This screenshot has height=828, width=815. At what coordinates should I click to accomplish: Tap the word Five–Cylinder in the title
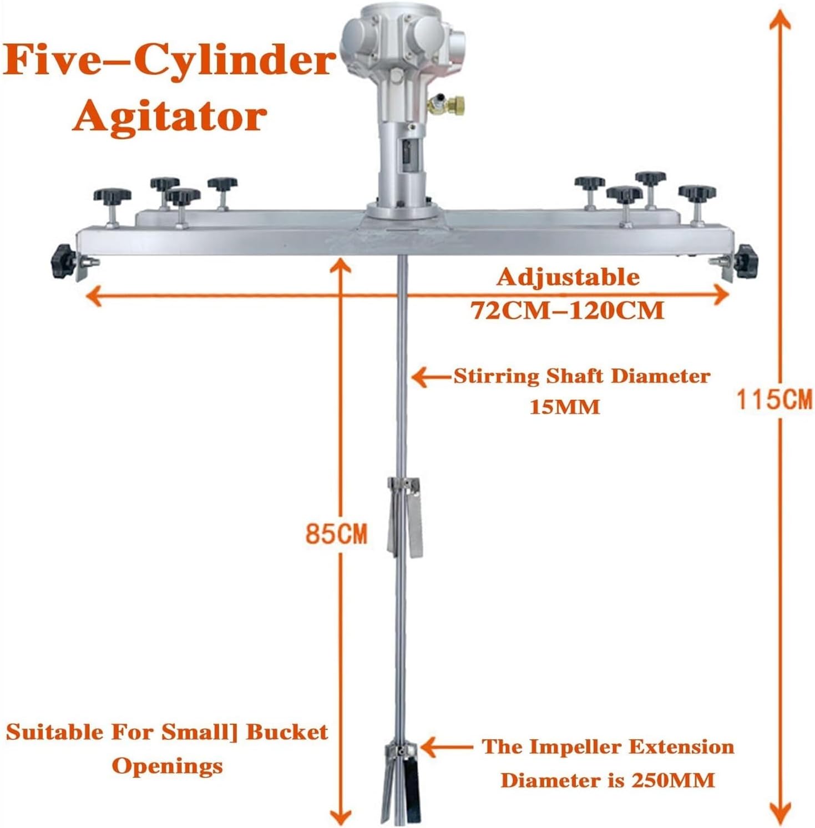[169, 60]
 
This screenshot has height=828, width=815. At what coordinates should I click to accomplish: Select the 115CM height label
[774, 399]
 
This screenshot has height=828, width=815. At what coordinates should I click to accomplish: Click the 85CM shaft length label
[337, 534]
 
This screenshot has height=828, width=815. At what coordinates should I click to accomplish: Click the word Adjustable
[568, 277]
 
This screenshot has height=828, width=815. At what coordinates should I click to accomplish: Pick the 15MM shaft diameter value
[565, 407]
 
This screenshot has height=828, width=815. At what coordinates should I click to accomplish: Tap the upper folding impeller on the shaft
[405, 516]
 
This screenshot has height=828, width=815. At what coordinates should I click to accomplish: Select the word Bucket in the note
[287, 733]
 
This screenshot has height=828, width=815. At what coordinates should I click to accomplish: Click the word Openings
[167, 766]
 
